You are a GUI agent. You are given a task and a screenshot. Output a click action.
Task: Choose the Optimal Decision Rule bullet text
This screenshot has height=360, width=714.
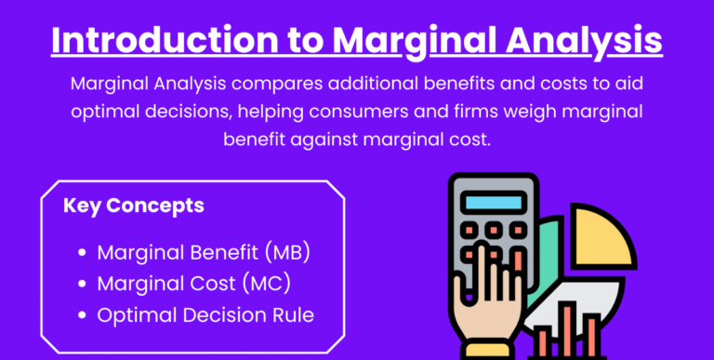coord(205,314)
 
